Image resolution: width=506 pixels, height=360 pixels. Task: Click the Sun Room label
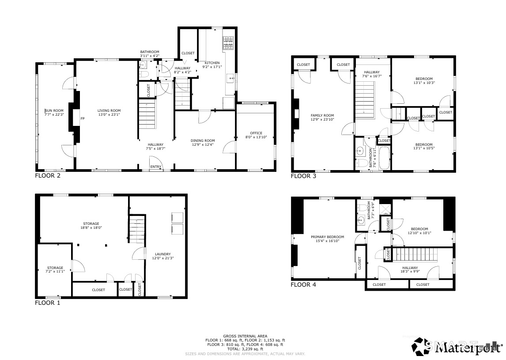point(54,111)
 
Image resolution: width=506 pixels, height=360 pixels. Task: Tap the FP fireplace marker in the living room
point(82,119)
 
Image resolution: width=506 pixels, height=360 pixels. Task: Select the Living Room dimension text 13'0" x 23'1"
point(109,115)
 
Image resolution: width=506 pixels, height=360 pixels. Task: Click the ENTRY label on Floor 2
point(155,167)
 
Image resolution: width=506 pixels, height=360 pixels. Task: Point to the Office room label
point(256,133)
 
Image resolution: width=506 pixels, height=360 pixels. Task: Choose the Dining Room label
point(203,140)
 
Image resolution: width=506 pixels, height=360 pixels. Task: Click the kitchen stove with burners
point(228,42)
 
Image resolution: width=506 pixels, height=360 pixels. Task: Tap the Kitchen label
point(211,63)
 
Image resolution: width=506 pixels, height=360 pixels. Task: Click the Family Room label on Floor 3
point(322,115)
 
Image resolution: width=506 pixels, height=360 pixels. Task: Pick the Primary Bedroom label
point(327,237)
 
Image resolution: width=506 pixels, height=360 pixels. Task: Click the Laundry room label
point(163,254)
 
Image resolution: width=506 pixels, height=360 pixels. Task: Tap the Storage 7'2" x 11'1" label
point(56,268)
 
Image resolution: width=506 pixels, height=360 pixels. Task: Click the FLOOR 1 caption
point(47,303)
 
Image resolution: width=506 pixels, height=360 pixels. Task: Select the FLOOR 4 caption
point(303,285)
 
